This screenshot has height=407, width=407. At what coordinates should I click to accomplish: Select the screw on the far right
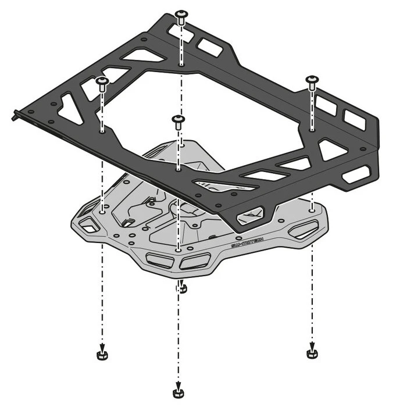(312, 81)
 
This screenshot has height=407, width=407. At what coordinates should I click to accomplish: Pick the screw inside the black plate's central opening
(178, 121)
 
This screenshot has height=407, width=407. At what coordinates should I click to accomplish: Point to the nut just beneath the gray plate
(181, 287)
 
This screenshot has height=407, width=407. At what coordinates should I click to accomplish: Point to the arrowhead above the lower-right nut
(312, 343)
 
